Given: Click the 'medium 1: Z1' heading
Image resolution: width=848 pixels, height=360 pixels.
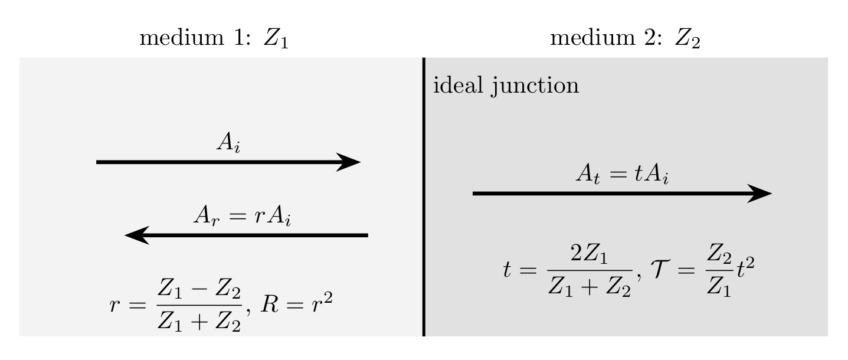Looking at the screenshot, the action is pyautogui.click(x=214, y=38).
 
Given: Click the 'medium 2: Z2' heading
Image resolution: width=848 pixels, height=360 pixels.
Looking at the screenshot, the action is pyautogui.click(x=625, y=38).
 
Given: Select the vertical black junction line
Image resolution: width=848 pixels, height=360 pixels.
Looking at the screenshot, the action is pyautogui.click(x=424, y=197).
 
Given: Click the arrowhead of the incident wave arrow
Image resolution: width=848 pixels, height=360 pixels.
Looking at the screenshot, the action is pyautogui.click(x=349, y=162).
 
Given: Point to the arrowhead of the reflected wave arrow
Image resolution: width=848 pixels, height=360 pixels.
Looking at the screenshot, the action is pyautogui.click(x=137, y=235).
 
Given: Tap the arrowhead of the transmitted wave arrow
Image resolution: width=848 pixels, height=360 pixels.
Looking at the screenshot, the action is pyautogui.click(x=759, y=194).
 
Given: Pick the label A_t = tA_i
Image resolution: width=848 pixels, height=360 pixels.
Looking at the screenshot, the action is pyautogui.click(x=623, y=175).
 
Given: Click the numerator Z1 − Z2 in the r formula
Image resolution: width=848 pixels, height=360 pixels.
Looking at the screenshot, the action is pyautogui.click(x=199, y=290).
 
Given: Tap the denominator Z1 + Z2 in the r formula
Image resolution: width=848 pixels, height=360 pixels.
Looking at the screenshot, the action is pyautogui.click(x=199, y=322).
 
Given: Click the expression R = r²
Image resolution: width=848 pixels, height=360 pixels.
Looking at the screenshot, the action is pyautogui.click(x=297, y=303).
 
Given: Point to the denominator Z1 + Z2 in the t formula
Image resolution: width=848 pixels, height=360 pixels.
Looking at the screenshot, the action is pyautogui.click(x=590, y=287).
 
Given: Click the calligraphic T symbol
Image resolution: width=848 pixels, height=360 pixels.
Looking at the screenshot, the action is pyautogui.click(x=660, y=269).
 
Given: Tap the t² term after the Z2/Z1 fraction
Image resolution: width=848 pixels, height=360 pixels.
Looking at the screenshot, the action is pyautogui.click(x=745, y=269).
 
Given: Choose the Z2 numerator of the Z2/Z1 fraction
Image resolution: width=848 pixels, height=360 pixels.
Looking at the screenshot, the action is pyautogui.click(x=719, y=254).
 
